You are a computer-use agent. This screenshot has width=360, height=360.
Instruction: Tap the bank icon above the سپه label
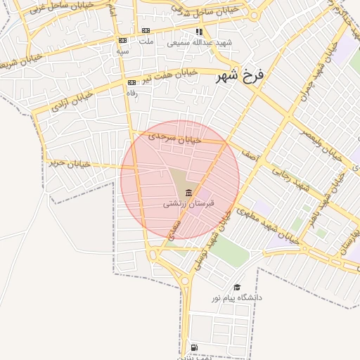(122, 41)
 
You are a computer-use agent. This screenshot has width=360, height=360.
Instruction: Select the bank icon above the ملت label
(146, 30)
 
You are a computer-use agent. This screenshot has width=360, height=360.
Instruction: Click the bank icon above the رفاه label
(131, 82)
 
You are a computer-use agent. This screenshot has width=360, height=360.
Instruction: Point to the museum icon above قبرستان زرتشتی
(188, 193)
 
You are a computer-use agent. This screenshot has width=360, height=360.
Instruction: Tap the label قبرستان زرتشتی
(188, 203)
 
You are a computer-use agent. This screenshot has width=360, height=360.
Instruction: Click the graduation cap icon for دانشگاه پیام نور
(237, 288)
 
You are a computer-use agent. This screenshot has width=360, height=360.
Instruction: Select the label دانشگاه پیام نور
(237, 298)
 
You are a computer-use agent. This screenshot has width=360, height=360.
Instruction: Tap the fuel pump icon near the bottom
(193, 348)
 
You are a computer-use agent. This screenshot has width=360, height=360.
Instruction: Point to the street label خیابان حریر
(69, 163)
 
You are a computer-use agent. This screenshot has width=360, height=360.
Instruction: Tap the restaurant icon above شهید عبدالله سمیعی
(200, 32)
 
